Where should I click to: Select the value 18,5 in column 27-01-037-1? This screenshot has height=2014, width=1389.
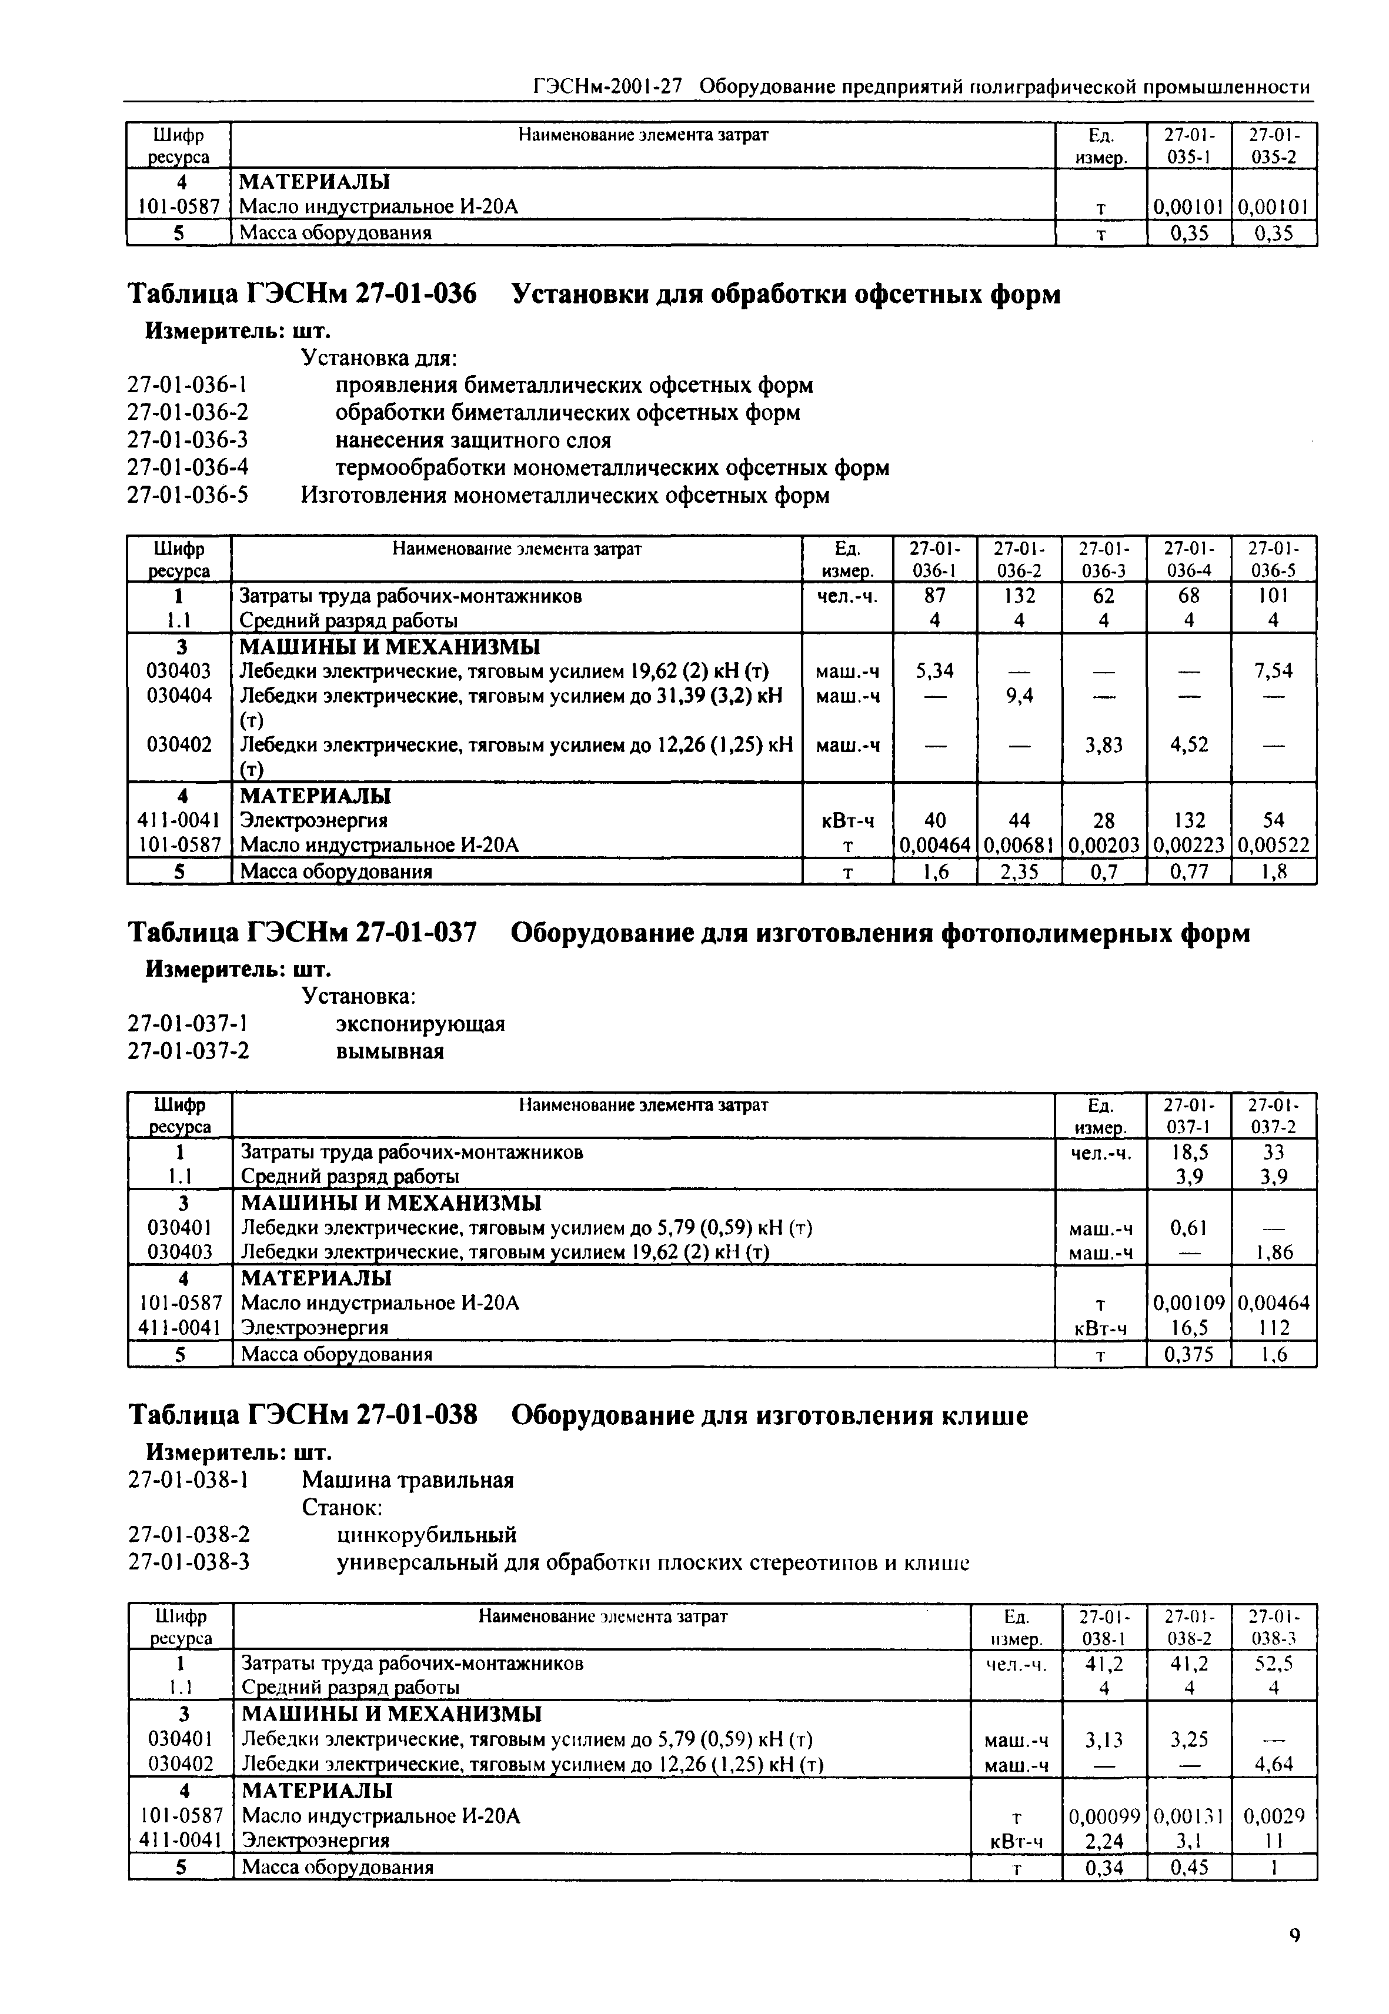[x=1189, y=1153]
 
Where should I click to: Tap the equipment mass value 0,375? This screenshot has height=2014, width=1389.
[x=1189, y=1354]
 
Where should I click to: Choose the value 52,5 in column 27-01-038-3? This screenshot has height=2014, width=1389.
[x=1274, y=1664]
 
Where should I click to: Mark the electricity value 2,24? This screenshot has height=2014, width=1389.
[x=1104, y=1840]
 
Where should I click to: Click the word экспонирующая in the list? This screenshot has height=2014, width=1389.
[x=419, y=1024]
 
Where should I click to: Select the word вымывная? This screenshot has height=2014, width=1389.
[x=390, y=1051]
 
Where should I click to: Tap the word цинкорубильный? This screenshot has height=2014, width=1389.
[x=426, y=1534]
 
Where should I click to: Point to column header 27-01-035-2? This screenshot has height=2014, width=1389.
[x=1273, y=145]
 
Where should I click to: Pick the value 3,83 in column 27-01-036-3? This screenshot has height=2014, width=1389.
[x=1104, y=745]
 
